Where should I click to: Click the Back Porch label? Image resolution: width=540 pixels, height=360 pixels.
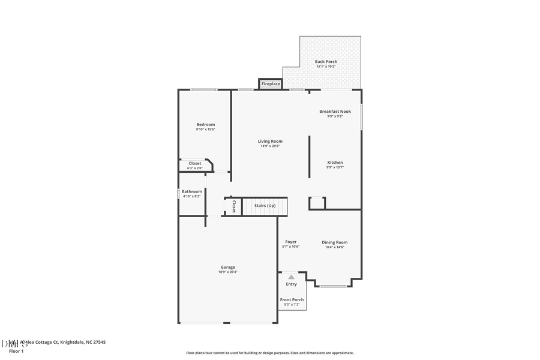(x=326, y=62)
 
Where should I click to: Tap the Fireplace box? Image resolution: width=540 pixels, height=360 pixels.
(x=271, y=84)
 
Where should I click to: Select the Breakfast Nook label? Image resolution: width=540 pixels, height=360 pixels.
(x=335, y=111)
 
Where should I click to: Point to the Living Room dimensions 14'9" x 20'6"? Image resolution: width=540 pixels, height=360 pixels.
(x=270, y=146)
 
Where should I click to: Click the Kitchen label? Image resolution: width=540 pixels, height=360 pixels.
(x=335, y=163)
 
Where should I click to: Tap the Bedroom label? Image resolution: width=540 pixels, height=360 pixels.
(x=205, y=124)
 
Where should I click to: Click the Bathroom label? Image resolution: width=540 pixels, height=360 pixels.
(x=192, y=191)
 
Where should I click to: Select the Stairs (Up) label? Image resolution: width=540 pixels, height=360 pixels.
(x=265, y=206)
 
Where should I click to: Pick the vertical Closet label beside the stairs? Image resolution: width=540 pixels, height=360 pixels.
(x=233, y=206)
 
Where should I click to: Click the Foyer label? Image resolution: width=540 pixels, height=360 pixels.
(x=290, y=242)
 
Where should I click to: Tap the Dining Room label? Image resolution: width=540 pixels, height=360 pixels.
(x=334, y=242)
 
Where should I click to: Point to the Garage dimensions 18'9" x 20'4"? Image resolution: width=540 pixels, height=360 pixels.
(x=227, y=272)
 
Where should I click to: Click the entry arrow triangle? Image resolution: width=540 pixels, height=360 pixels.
(x=291, y=277)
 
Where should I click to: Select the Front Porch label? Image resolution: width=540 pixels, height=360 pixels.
(x=292, y=299)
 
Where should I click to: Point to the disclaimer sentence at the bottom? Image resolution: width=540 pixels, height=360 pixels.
(x=269, y=353)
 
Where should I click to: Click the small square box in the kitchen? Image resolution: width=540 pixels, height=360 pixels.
(x=317, y=203)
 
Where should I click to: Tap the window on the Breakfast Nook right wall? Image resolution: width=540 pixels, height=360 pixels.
(x=361, y=117)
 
